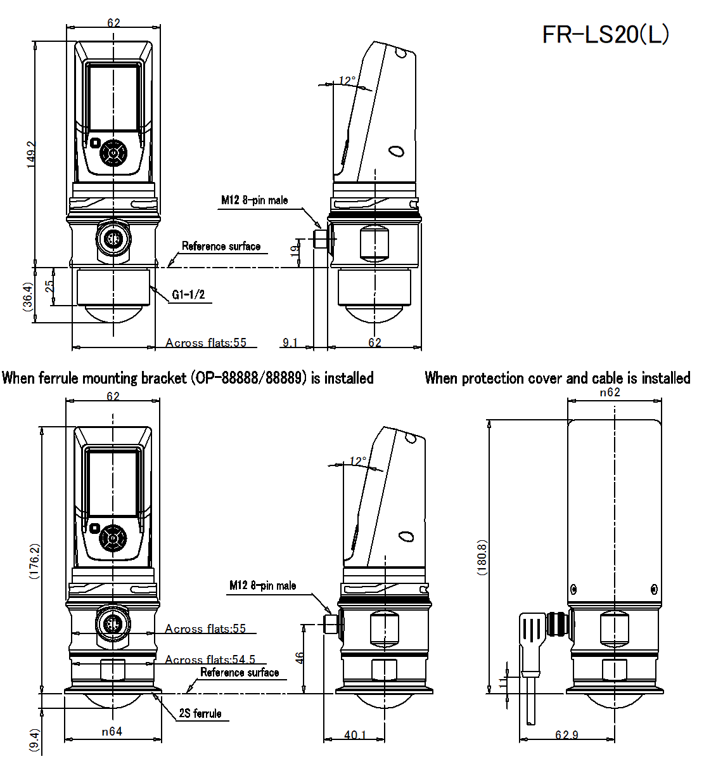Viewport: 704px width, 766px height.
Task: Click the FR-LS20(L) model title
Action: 605,34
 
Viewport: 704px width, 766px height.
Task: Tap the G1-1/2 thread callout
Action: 188,295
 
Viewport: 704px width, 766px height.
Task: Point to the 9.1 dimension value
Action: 290,342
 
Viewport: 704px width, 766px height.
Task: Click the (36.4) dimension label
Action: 28,296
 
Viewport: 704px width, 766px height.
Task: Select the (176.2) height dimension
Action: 35,561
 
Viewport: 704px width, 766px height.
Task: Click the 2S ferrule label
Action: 200,713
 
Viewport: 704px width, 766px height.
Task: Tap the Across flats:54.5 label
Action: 210,659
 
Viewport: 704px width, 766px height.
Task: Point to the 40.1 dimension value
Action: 355,735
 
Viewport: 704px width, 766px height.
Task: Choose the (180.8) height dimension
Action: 482,557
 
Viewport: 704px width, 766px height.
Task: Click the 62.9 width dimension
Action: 566,735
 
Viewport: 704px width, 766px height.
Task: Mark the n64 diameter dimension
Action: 112,732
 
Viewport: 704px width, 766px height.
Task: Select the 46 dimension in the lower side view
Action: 300,658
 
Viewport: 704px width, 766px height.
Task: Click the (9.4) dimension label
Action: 34,740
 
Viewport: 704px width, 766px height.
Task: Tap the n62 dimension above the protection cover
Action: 610,393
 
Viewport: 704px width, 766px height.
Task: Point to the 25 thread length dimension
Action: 49,287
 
